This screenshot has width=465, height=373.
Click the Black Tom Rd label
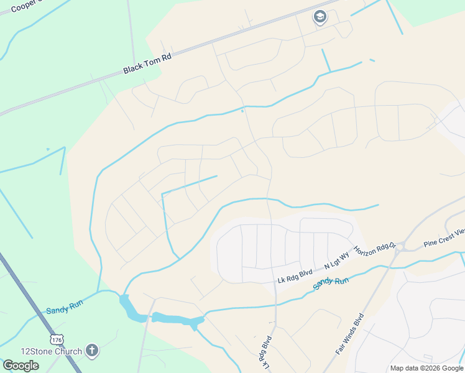click(147, 63)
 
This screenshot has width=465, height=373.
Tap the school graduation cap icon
click(320, 17)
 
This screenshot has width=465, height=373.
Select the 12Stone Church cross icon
click(92, 351)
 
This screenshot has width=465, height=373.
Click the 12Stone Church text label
click(51, 351)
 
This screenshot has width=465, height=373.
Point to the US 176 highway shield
click(58, 339)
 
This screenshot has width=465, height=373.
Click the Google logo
click(21, 365)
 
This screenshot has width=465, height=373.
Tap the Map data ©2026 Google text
click(426, 368)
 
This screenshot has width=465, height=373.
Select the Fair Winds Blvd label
click(349, 333)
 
